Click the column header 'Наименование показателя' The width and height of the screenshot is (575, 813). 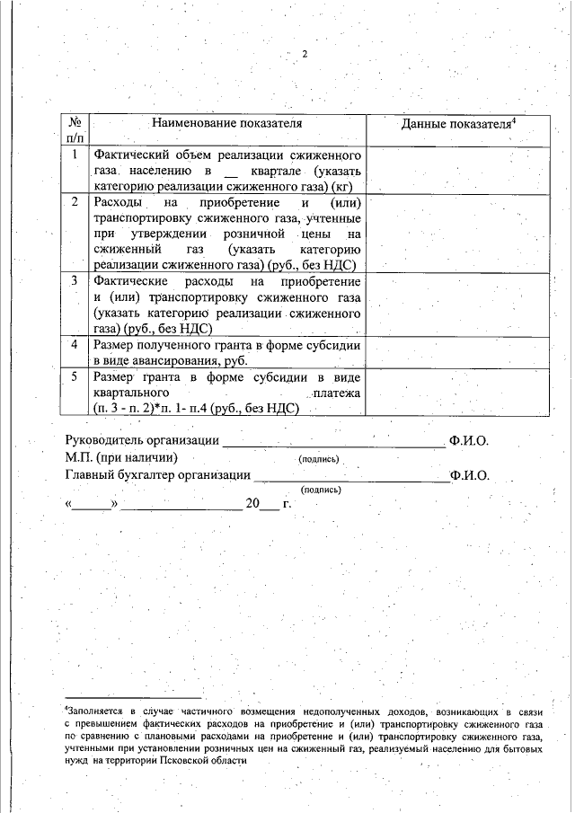226,122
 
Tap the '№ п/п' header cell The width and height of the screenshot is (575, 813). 76,130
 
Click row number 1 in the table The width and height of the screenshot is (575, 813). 76,155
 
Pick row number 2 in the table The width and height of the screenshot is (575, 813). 76,200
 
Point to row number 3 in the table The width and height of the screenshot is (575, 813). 76,281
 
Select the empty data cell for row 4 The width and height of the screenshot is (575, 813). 457,352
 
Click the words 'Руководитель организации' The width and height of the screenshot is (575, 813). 142,441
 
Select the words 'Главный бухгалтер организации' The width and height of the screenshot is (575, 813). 157,475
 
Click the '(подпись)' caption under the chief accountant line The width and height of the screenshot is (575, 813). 321,490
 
